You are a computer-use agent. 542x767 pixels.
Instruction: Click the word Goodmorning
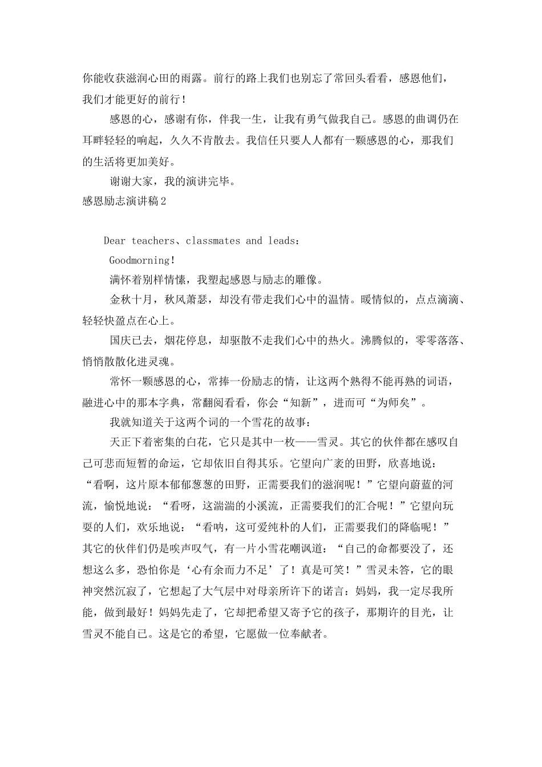coord(140,260)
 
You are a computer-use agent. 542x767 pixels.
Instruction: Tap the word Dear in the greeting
coord(115,241)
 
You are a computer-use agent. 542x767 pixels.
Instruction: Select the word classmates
coord(213,241)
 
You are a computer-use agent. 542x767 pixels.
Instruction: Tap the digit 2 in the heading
coord(163,201)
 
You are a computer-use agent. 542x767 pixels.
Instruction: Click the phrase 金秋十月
coord(130,299)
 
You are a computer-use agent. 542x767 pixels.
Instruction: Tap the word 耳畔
coord(92,140)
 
